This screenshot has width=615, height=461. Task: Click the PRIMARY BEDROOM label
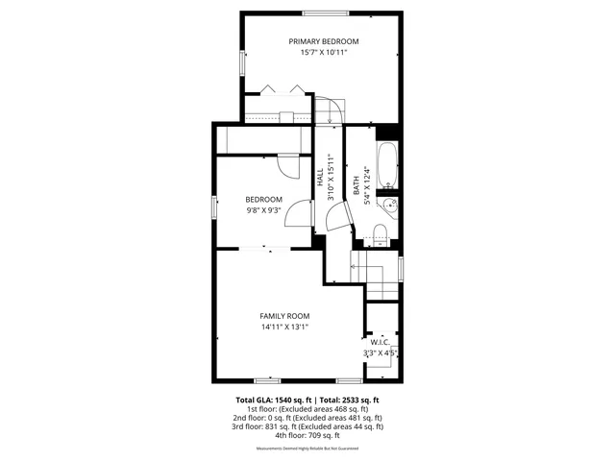click(x=324, y=41)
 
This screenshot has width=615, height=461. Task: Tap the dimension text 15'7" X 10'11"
click(x=324, y=53)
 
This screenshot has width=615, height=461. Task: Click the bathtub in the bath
click(x=386, y=164)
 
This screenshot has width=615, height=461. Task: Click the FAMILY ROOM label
click(x=284, y=315)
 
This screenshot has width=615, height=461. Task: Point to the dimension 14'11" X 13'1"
click(x=284, y=327)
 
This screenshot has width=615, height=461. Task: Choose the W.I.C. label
click(x=380, y=341)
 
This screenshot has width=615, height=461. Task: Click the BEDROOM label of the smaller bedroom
click(x=264, y=199)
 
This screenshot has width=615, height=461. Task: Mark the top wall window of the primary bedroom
click(x=325, y=12)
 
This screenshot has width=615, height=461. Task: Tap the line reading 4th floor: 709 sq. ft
click(x=307, y=435)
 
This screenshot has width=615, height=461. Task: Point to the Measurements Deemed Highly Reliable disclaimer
click(x=307, y=449)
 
